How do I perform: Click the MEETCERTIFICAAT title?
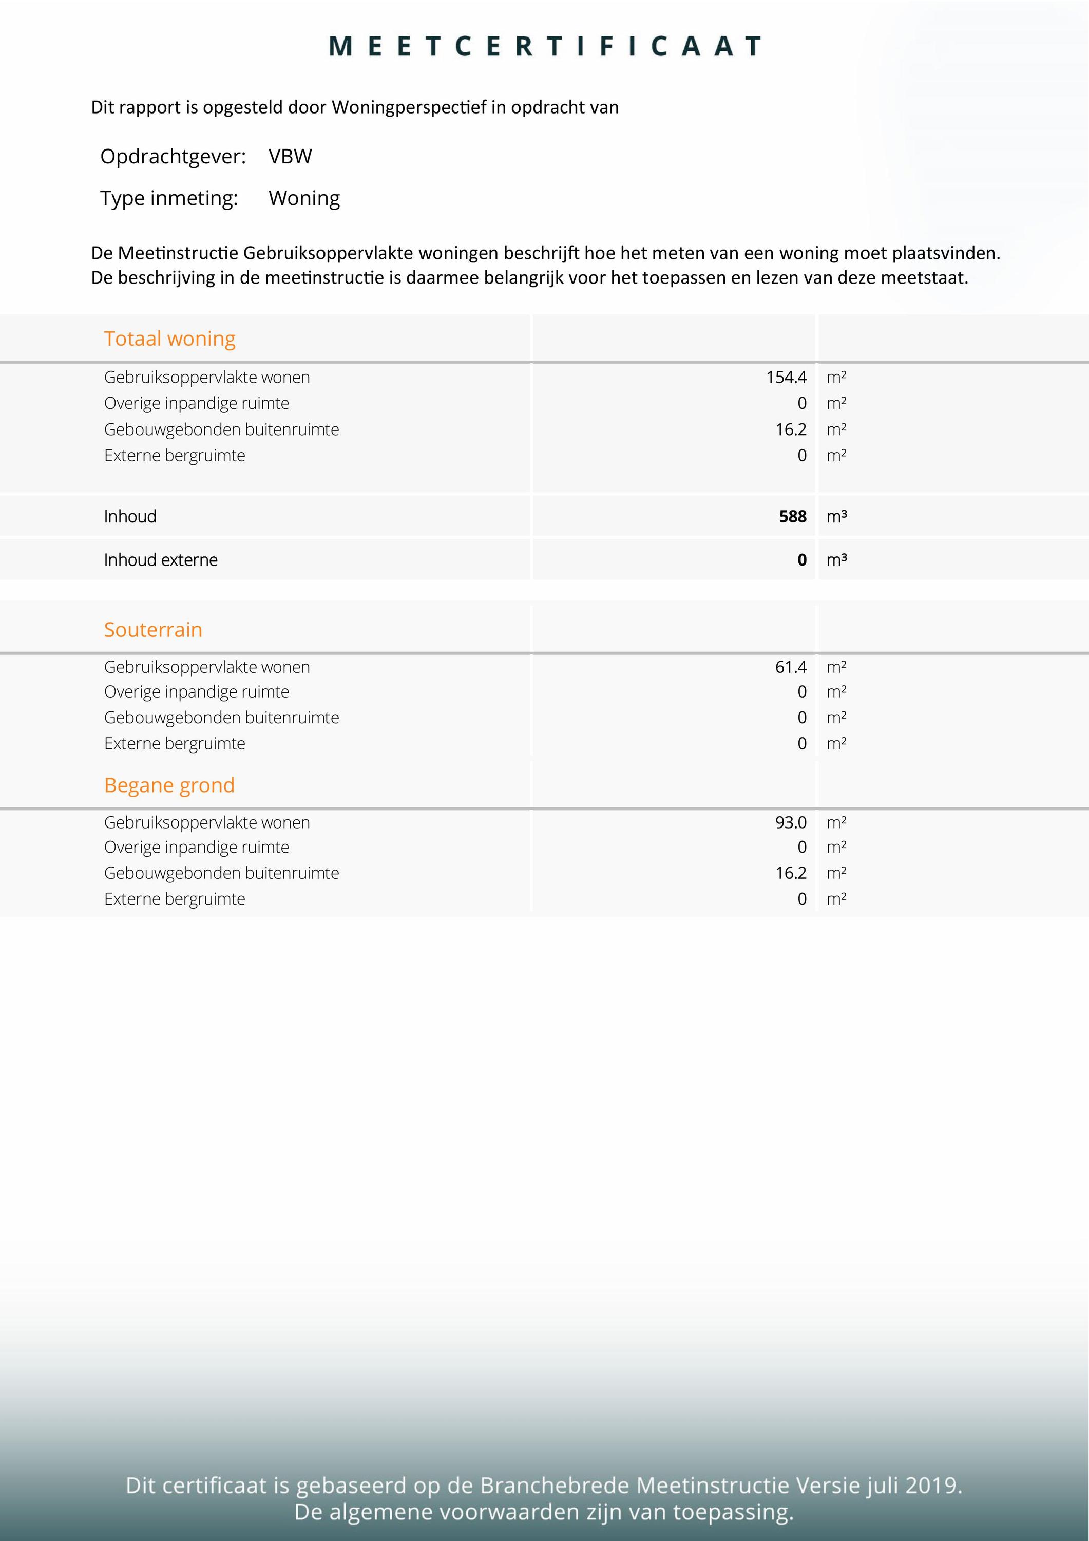pos(545,46)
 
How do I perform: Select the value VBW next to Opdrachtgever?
pos(290,156)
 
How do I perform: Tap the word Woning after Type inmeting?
pos(304,198)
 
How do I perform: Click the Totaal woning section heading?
pos(170,339)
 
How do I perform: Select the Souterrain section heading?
pos(153,630)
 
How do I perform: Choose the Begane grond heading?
pos(169,785)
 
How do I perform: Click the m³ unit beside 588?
pos(836,516)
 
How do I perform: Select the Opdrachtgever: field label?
pos(173,156)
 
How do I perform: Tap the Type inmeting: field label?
pos(169,198)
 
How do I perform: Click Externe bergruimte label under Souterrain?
pos(175,744)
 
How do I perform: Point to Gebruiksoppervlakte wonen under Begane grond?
pos(207,822)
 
